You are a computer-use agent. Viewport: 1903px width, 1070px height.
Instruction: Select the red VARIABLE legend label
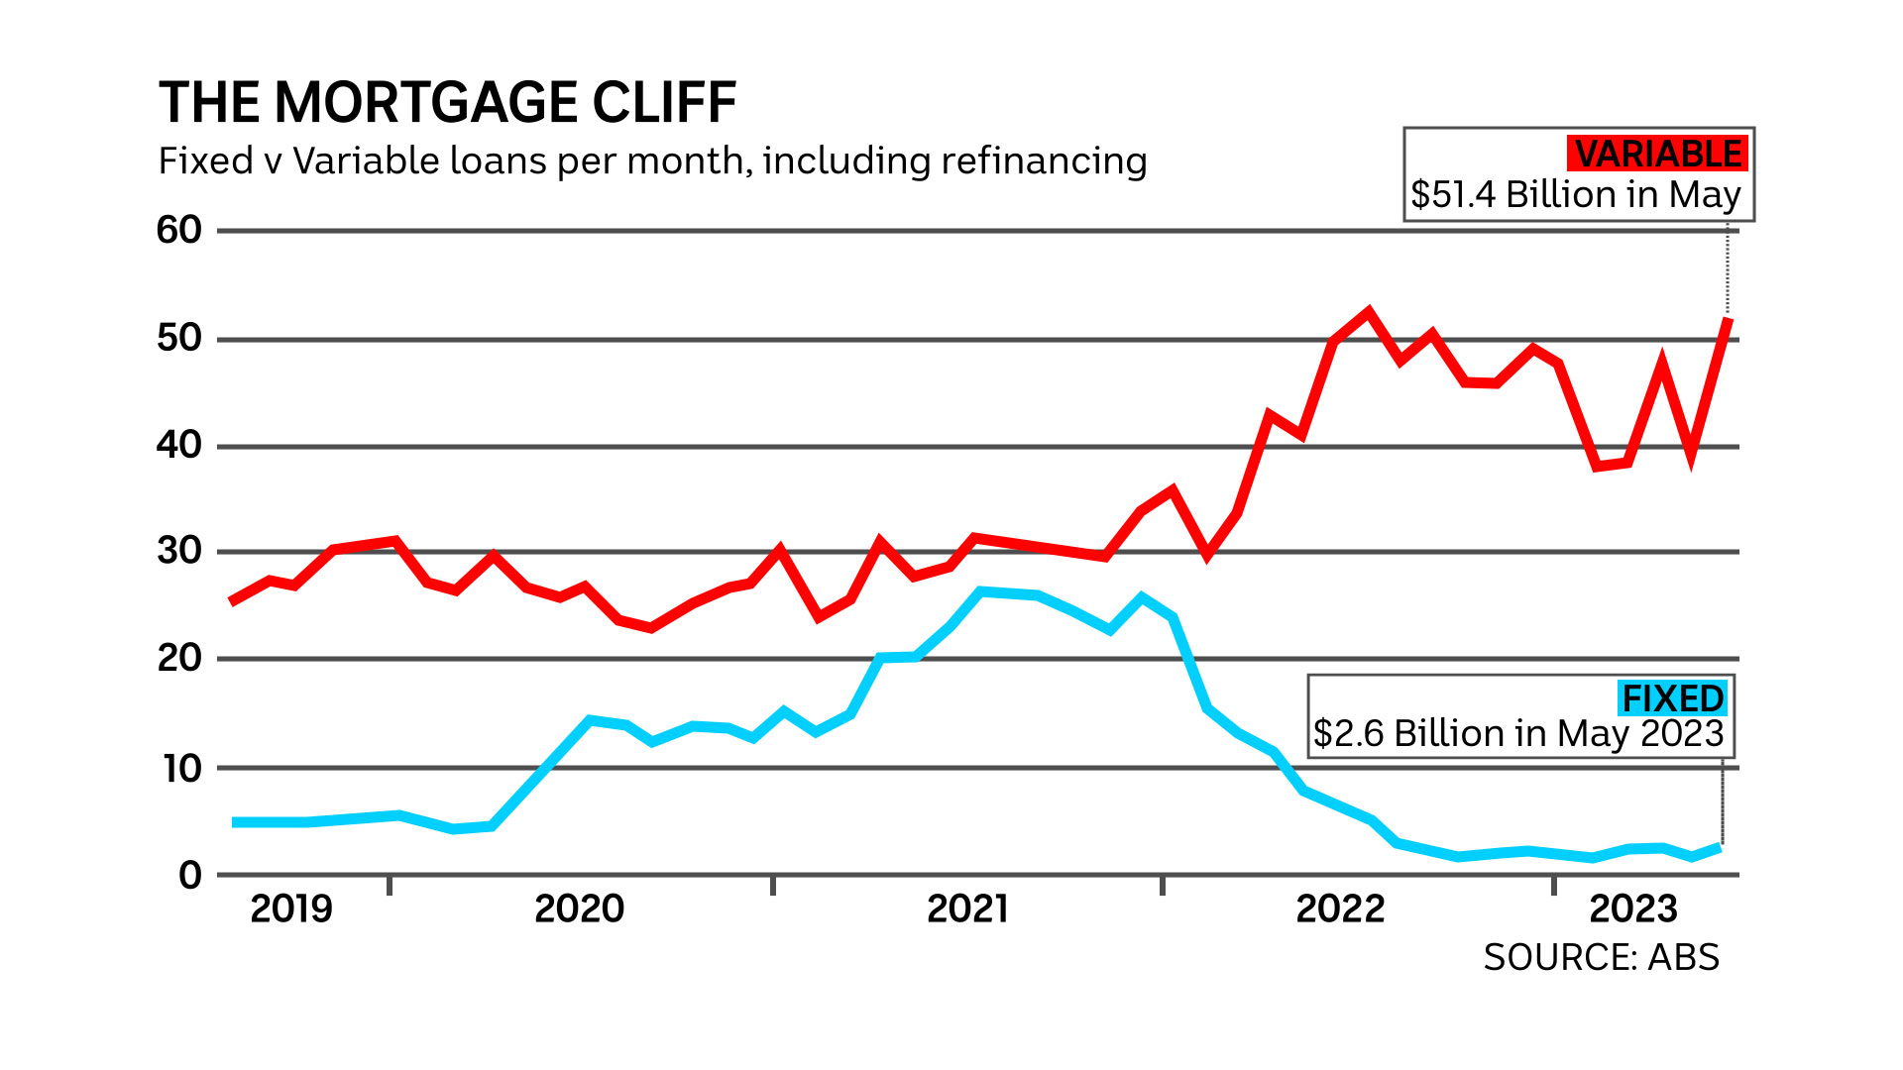pos(1657,155)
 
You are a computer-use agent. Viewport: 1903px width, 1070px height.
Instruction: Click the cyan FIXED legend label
pos(1672,698)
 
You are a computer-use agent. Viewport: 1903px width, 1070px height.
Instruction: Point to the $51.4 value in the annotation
pos(1452,195)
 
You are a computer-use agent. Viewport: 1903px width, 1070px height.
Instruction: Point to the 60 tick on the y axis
pos(179,231)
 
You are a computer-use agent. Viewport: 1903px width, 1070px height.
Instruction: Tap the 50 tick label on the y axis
pos(179,339)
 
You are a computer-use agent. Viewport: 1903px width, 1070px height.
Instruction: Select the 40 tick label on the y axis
pos(179,446)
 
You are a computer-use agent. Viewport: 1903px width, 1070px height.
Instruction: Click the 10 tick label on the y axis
pos(182,768)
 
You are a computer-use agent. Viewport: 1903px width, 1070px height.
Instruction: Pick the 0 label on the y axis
pos(190,876)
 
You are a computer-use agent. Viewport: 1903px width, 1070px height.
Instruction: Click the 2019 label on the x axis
pos(290,909)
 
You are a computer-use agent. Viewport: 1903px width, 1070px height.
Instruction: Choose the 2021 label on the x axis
pos(967,909)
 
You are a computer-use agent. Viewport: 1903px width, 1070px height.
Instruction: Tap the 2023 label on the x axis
pos(1633,909)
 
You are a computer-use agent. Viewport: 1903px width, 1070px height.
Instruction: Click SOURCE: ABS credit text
pos(1601,958)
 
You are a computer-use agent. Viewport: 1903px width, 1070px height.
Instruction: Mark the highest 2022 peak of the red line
pos(1369,313)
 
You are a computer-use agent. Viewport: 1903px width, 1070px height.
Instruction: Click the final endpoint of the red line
pos(1729,320)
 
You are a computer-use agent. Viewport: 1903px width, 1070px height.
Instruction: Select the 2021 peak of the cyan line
pos(981,592)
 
